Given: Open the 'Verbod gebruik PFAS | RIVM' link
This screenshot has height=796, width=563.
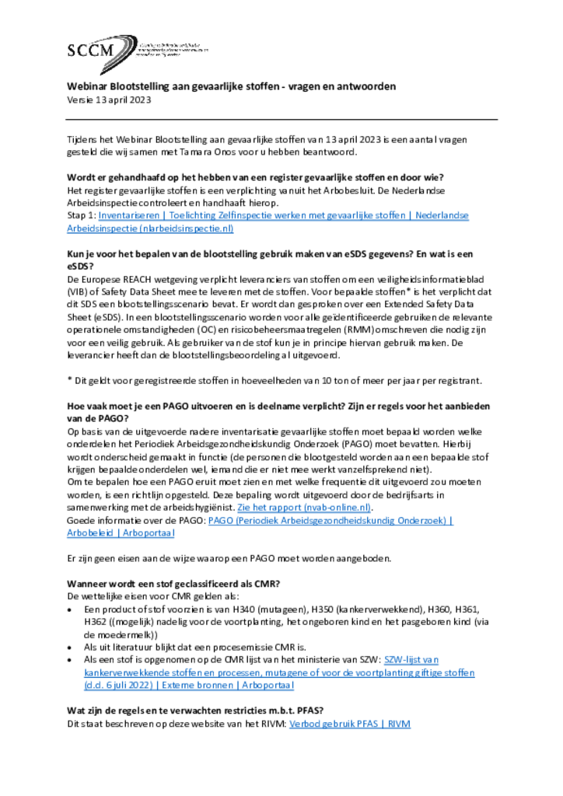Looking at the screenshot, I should click(x=349, y=724).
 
